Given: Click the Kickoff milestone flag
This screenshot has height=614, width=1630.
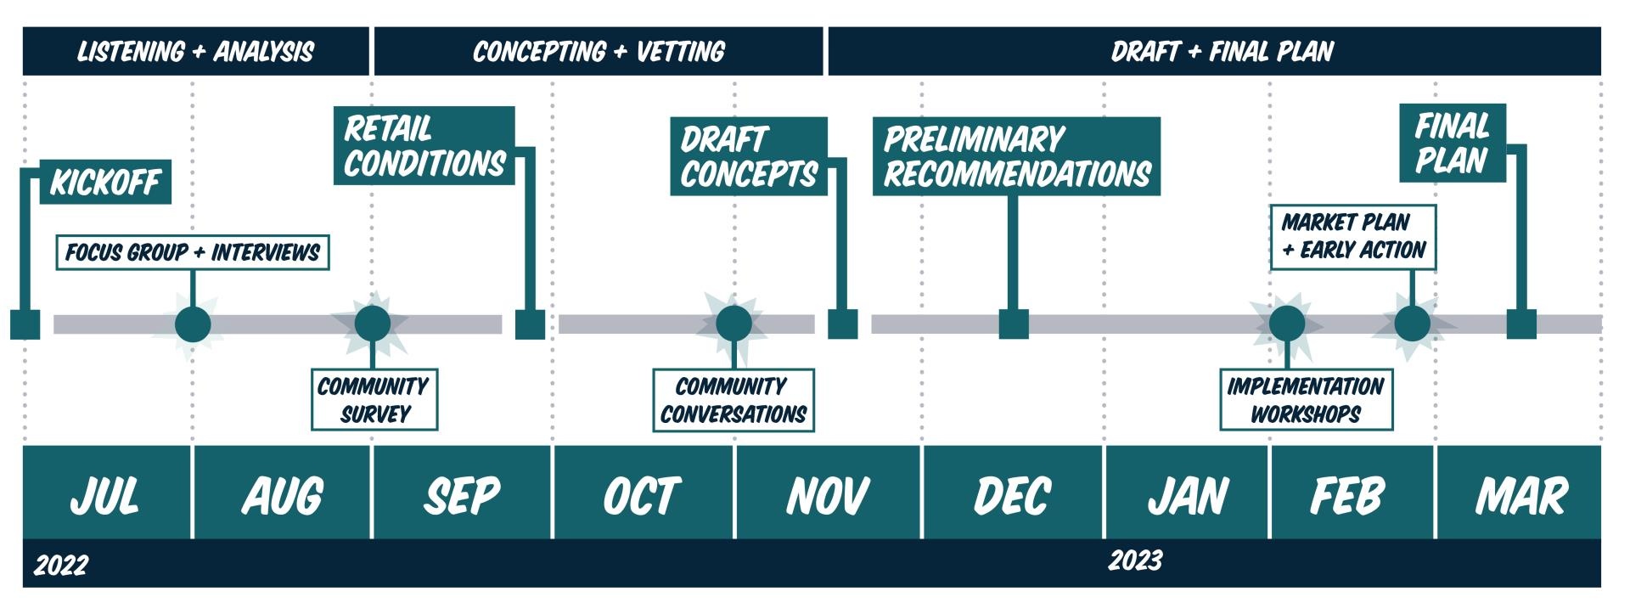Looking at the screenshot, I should (105, 182).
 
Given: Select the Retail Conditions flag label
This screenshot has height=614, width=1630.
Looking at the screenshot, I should (424, 145).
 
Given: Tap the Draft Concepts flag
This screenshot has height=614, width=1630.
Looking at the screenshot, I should (748, 156).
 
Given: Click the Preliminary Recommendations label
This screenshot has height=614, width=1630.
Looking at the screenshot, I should (1016, 156).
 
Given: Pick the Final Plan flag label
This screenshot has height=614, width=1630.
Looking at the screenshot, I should (1452, 143).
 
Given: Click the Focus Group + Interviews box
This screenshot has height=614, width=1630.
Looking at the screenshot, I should (193, 252).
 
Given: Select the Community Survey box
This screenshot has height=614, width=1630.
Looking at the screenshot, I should (374, 400).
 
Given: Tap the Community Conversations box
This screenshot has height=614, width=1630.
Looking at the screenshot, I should (733, 400).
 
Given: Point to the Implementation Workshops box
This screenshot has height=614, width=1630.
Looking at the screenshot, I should (1306, 400).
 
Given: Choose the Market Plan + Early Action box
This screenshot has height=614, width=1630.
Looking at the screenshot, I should (1352, 237).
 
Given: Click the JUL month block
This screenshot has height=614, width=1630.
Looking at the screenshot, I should (107, 493).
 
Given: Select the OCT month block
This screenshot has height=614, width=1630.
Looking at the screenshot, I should (643, 493).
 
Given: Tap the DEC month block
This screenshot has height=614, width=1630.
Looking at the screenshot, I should (1012, 493).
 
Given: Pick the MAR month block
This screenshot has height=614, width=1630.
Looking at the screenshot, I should (1520, 493).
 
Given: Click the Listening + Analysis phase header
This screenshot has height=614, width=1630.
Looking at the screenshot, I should (196, 52).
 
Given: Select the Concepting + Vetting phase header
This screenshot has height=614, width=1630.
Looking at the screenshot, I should (599, 52).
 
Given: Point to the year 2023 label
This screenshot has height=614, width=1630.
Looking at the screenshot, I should (1135, 560).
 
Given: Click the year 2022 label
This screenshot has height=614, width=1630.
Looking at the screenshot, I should (61, 565).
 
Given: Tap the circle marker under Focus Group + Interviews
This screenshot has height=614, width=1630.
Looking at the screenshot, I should (193, 324).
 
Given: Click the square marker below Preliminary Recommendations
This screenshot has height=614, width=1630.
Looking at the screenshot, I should (1014, 324).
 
